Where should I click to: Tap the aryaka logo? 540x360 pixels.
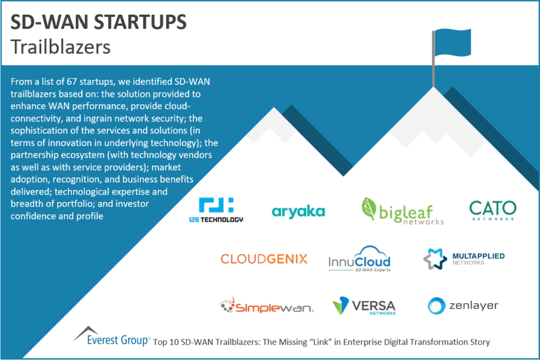[x=299, y=212]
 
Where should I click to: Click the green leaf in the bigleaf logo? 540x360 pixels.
[x=370, y=208]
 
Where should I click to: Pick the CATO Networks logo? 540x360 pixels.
[x=492, y=210]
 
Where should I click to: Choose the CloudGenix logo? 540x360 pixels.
[x=264, y=259]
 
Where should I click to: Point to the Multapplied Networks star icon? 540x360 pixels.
[x=435, y=259]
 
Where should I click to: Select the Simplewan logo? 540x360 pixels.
[x=267, y=307]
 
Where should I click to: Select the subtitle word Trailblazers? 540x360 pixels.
[x=60, y=46]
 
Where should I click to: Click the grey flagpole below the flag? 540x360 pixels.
[x=434, y=69]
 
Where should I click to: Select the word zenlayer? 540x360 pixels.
[x=474, y=306]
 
